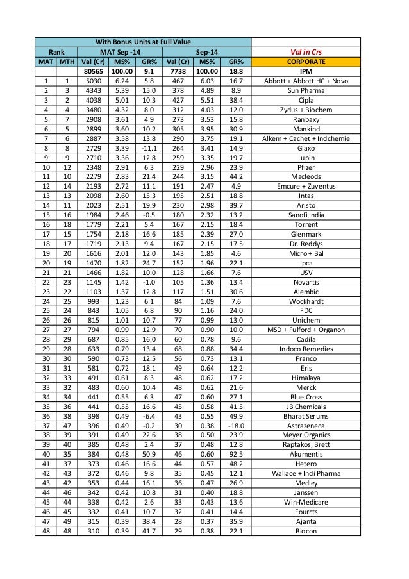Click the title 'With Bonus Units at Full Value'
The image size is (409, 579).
click(x=143, y=41)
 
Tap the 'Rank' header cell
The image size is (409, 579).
click(x=56, y=51)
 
